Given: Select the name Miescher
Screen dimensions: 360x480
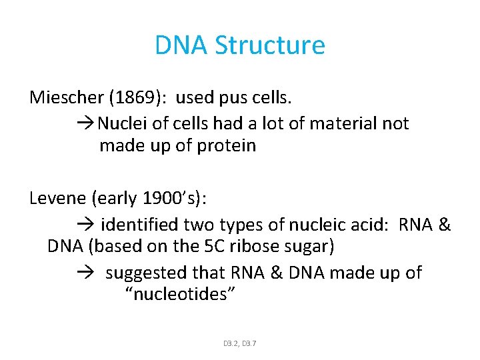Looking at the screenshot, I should tap(63, 97).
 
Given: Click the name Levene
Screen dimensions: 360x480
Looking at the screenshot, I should tap(58, 199).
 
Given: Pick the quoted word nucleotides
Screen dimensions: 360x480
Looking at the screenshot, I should tap(180, 294).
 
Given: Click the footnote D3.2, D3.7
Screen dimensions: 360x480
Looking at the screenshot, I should tap(240, 343).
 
